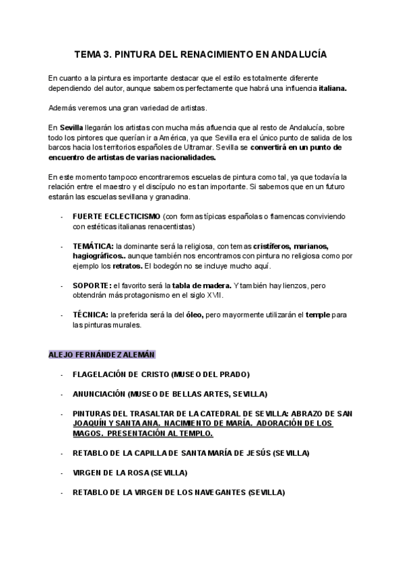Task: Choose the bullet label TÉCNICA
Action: coord(90,314)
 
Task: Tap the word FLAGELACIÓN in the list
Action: coord(100,374)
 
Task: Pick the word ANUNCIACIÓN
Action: coord(99,394)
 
